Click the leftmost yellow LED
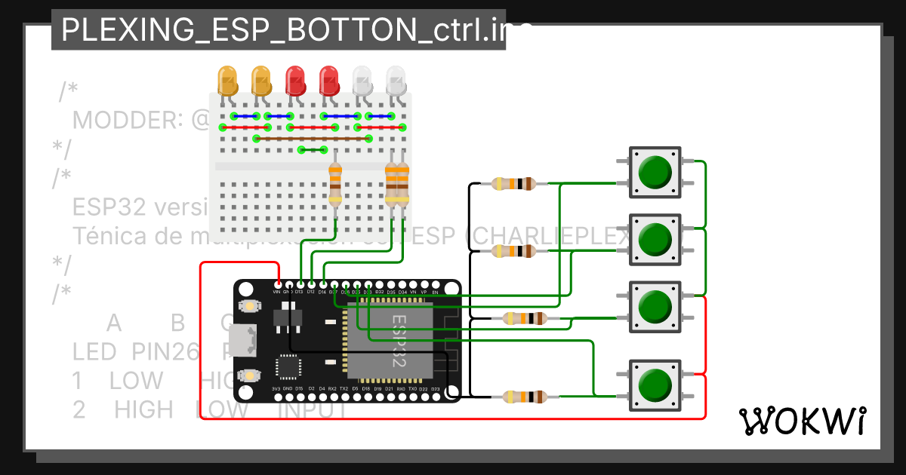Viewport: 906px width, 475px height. pos(227,78)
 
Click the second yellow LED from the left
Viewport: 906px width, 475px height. pos(261,78)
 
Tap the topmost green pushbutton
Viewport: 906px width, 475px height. pos(655,173)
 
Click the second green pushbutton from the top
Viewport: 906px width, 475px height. pos(655,239)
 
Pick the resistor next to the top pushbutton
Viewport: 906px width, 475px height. pos(513,183)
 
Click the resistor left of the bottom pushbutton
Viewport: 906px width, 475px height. pos(524,396)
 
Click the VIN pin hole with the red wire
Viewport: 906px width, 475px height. pos(278,283)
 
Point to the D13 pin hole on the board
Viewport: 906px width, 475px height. pos(300,283)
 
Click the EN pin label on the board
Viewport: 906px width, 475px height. pos(435,291)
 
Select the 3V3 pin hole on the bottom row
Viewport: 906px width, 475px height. pos(277,397)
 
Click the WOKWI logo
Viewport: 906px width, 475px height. pos(802,421)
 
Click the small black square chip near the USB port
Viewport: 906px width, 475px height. pos(288,367)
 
